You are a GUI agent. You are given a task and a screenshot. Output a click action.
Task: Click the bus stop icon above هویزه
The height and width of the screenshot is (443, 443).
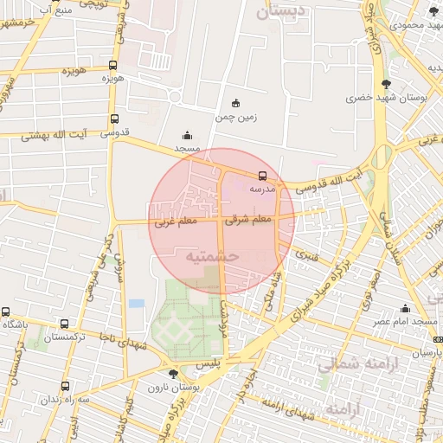pyautogui.click(x=113, y=65)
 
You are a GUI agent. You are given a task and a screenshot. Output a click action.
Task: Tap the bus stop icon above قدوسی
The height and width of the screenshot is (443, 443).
pyautogui.click(x=114, y=119)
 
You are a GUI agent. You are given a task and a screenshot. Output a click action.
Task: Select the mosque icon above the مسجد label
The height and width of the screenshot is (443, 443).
pyautogui.click(x=188, y=135)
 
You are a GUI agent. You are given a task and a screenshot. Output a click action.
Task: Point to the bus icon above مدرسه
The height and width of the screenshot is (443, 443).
pyautogui.click(x=263, y=175)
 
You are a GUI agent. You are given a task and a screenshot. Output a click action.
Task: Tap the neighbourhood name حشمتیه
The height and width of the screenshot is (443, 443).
pyautogui.click(x=212, y=257)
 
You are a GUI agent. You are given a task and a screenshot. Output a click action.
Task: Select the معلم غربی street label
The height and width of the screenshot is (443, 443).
pyautogui.click(x=176, y=221)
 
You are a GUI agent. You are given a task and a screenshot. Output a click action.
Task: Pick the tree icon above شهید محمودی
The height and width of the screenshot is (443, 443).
pyautogui.click(x=434, y=10)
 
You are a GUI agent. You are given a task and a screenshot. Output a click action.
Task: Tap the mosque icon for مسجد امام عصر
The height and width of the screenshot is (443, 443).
pyautogui.click(x=405, y=309)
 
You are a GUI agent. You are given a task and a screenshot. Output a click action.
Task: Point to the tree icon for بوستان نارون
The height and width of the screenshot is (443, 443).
pyautogui.click(x=174, y=374)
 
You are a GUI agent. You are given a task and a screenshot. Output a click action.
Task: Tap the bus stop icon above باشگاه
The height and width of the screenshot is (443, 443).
pyautogui.click(x=6, y=311)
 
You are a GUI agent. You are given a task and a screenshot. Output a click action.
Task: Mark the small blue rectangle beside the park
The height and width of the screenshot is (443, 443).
pyautogui.click(x=136, y=304)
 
